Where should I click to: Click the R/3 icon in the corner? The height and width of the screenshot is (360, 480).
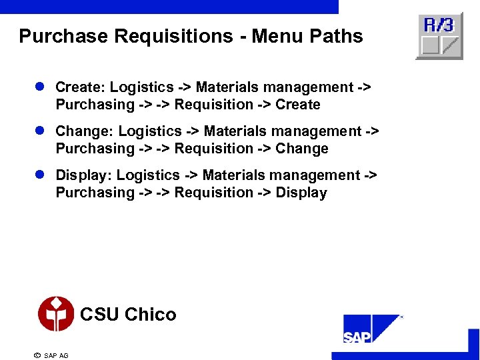(x=439, y=36)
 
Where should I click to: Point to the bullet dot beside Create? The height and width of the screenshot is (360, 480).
(x=40, y=87)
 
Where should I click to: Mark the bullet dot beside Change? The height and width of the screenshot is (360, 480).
(x=40, y=131)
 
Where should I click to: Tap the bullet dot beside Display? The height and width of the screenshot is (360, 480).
(x=40, y=175)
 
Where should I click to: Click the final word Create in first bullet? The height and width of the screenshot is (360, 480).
(x=298, y=105)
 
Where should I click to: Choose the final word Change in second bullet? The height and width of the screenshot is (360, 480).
(x=302, y=149)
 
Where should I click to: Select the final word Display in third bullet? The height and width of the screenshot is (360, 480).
(x=301, y=193)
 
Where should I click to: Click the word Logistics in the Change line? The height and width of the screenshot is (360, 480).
(x=152, y=131)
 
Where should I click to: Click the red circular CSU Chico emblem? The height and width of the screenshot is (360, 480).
(x=56, y=314)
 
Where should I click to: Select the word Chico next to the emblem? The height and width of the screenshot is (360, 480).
(x=151, y=315)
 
